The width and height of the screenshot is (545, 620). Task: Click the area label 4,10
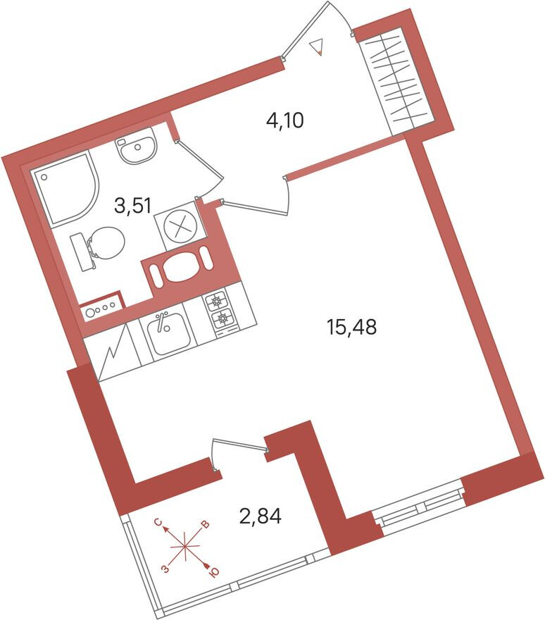click(284, 121)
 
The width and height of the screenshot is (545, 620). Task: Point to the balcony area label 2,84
click(260, 517)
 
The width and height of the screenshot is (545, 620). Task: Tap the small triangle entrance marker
click(318, 47)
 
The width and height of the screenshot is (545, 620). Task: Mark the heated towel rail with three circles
click(100, 308)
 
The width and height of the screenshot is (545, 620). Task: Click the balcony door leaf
click(239, 444)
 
